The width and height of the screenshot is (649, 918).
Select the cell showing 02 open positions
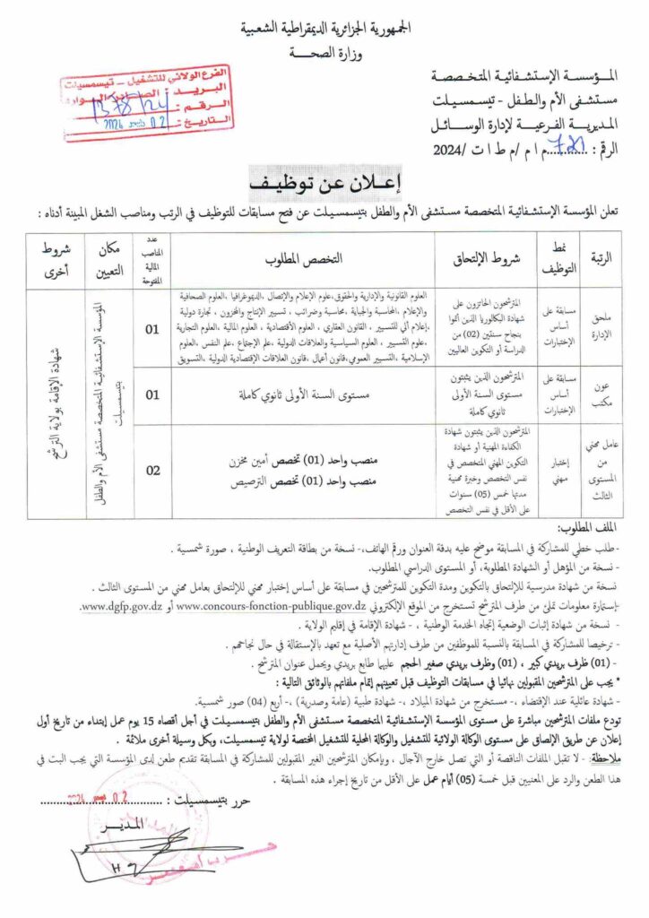tap(152, 471)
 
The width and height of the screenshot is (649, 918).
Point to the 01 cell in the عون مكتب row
tap(152, 394)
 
